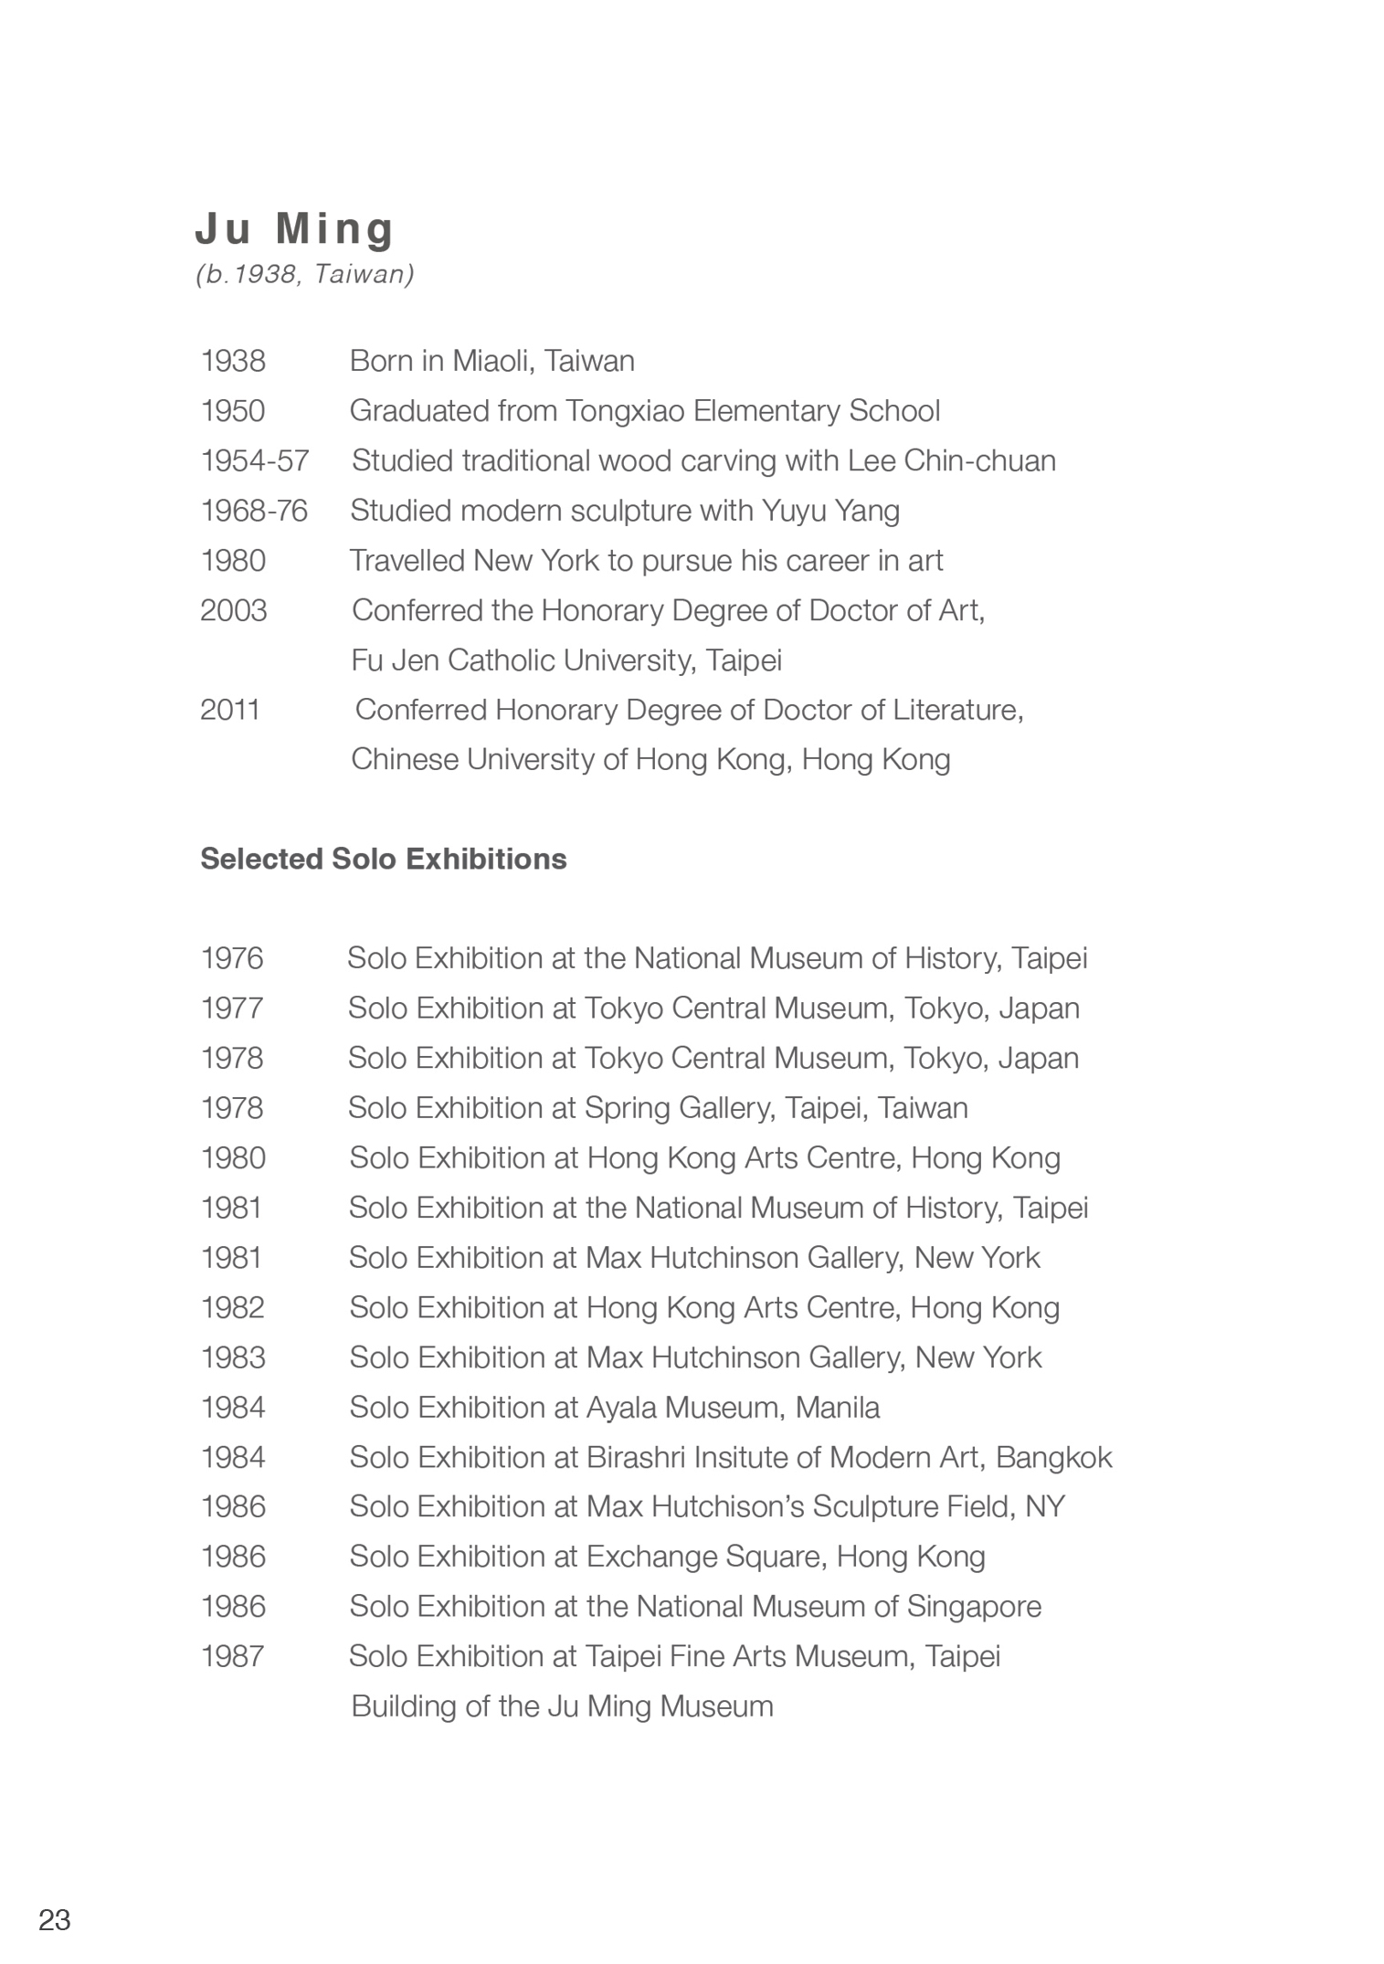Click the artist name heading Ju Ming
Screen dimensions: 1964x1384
[294, 228]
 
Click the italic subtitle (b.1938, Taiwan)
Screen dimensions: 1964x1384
[305, 274]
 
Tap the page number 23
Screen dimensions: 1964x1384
[55, 1919]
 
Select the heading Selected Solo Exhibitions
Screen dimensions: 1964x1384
[384, 860]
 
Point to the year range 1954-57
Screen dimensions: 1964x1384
[255, 461]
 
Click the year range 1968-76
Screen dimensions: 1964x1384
[254, 511]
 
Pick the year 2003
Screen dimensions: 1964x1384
[234, 610]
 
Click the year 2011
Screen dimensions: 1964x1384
[230, 710]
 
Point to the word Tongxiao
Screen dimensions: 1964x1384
[625, 411]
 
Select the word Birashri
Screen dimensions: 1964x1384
[635, 1457]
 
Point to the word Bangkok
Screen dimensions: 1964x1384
[1053, 1457]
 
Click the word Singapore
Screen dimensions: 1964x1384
[974, 1607]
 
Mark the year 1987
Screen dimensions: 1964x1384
[233, 1656]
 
